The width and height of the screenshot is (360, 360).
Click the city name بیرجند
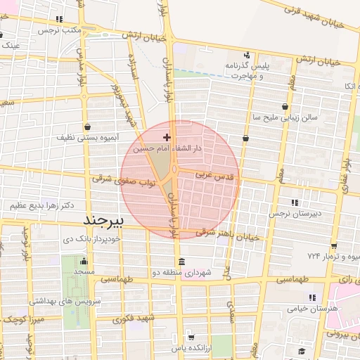click(x=103, y=221)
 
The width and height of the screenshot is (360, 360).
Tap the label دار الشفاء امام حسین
click(x=168, y=148)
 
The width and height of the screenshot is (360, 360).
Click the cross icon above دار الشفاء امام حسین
click(x=167, y=136)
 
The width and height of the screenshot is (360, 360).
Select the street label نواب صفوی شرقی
click(x=123, y=182)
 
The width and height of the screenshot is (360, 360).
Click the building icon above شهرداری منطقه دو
click(x=182, y=262)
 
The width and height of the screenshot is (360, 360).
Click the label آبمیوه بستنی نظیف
click(x=86, y=139)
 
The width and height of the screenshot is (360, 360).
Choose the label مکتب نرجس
click(x=57, y=31)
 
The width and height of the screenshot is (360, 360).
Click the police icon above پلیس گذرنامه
click(x=247, y=55)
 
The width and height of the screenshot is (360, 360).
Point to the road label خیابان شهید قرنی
click(x=314, y=15)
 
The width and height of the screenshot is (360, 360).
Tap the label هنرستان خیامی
click(x=314, y=308)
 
